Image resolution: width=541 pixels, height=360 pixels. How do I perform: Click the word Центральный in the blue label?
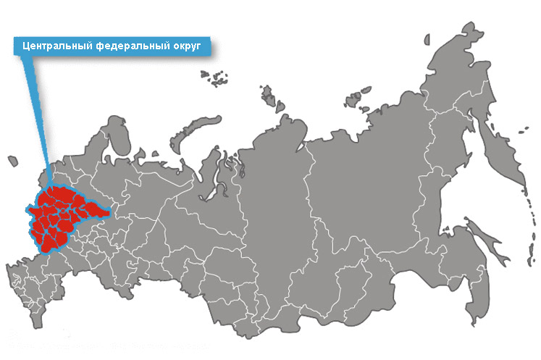(x=53, y=46)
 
